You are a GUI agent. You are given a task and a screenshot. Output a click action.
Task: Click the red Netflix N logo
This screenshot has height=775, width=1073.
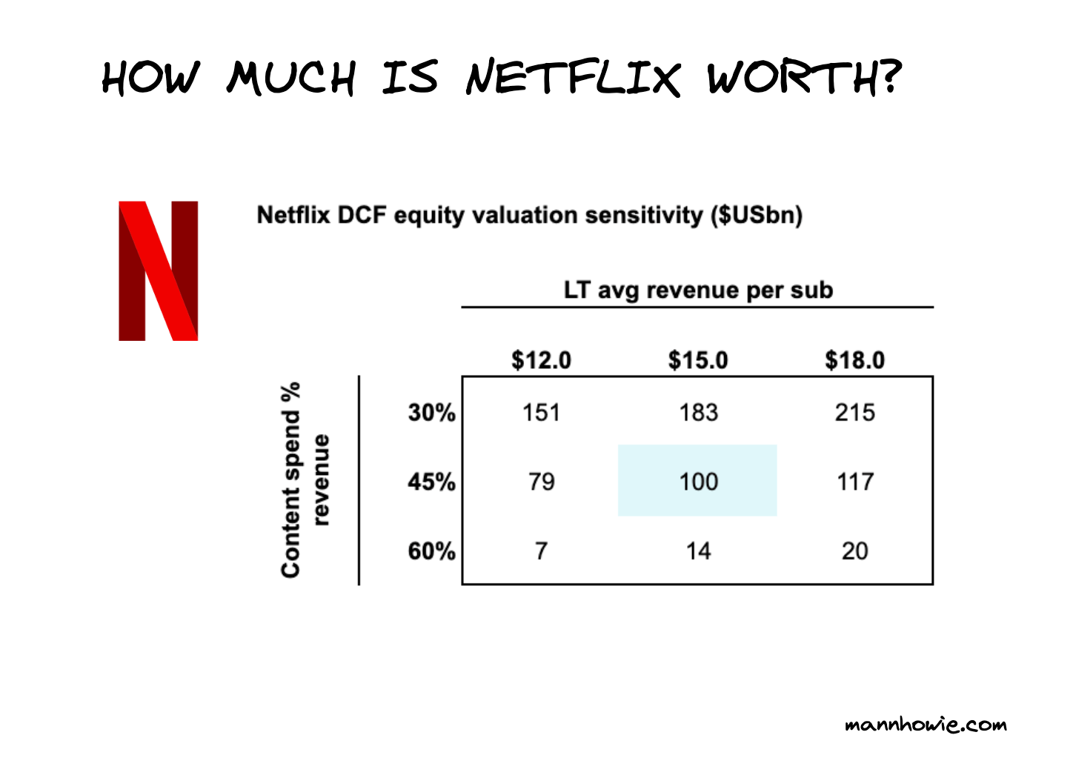point(159,270)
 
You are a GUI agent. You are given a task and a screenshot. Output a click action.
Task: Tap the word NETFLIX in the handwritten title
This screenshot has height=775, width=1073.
point(572,78)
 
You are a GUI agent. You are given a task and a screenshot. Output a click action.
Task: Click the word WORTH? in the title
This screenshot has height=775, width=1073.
point(804,77)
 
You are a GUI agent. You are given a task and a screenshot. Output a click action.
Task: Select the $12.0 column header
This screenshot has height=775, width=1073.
point(541,360)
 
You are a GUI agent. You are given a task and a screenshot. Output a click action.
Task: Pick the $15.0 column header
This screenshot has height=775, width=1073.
point(698,360)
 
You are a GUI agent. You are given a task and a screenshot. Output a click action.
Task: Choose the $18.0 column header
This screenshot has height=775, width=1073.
point(854,360)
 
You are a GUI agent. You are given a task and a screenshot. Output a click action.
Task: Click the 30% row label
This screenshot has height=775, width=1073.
point(431,412)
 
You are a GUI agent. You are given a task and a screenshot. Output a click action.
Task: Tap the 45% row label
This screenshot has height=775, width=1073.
point(431,482)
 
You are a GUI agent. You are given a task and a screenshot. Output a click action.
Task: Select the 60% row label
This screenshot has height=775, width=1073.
point(431,551)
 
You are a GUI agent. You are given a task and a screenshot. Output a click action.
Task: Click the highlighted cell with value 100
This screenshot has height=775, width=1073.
point(698,481)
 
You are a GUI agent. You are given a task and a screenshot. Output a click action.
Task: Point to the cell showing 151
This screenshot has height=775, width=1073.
point(541,412)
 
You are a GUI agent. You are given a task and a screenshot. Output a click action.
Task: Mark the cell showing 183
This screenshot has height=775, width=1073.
point(698,412)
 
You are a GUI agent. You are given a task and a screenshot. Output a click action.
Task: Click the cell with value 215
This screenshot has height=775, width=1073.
point(854,412)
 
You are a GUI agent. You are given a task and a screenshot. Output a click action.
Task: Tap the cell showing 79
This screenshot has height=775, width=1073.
point(541,482)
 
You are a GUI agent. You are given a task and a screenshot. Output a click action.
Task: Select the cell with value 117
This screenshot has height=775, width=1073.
point(854,482)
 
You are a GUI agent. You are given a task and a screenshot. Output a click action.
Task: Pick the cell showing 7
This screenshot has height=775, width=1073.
point(541,551)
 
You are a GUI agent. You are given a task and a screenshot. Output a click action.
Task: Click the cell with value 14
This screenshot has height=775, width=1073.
point(698,551)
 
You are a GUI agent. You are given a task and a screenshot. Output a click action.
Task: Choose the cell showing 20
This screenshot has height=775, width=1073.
point(854,551)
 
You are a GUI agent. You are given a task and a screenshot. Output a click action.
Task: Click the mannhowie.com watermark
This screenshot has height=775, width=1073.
point(926,724)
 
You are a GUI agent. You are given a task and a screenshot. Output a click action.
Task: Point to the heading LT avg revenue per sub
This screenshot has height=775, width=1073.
point(698,290)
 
